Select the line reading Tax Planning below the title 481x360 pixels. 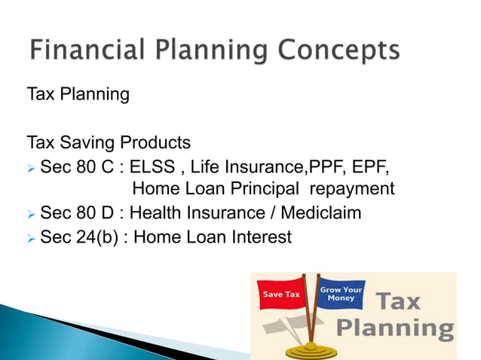[78, 96]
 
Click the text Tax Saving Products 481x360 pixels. [109, 142]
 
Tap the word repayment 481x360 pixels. [349, 189]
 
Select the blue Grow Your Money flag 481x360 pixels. [342, 294]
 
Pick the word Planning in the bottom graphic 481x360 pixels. [394, 329]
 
